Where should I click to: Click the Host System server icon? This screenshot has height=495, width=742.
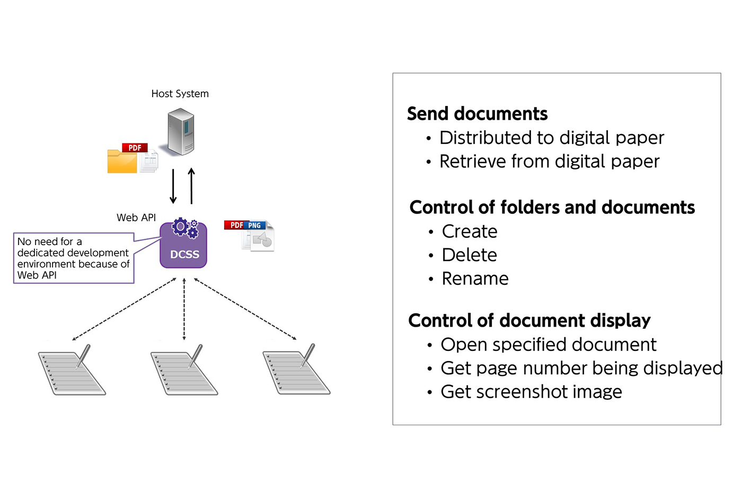click(x=181, y=131)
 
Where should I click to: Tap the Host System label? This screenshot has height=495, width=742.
click(x=180, y=94)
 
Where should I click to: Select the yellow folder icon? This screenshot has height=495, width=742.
click(x=122, y=161)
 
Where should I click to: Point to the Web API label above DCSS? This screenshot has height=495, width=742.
click(x=136, y=218)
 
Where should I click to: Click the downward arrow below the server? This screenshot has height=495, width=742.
click(x=173, y=186)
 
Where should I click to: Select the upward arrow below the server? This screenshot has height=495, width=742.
click(x=191, y=186)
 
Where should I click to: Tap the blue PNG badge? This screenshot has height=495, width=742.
click(x=254, y=226)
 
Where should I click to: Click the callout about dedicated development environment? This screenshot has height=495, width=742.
click(x=74, y=258)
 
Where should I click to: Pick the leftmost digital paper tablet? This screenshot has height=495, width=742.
click(x=73, y=372)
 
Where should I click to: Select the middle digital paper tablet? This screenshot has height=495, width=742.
click(x=184, y=372)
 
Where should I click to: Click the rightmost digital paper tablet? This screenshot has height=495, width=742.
click(x=297, y=372)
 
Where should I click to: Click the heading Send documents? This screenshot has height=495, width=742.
click(x=477, y=114)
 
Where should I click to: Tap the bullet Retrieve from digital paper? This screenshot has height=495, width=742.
click(x=549, y=161)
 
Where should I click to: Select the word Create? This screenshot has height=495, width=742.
click(x=470, y=231)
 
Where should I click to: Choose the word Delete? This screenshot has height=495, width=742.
click(x=470, y=255)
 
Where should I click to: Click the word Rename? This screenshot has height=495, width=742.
click(x=475, y=278)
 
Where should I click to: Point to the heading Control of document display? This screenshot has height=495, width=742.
click(x=529, y=320)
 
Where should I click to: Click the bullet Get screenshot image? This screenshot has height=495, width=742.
click(x=531, y=392)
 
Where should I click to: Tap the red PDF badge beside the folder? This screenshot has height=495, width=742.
click(x=135, y=148)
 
